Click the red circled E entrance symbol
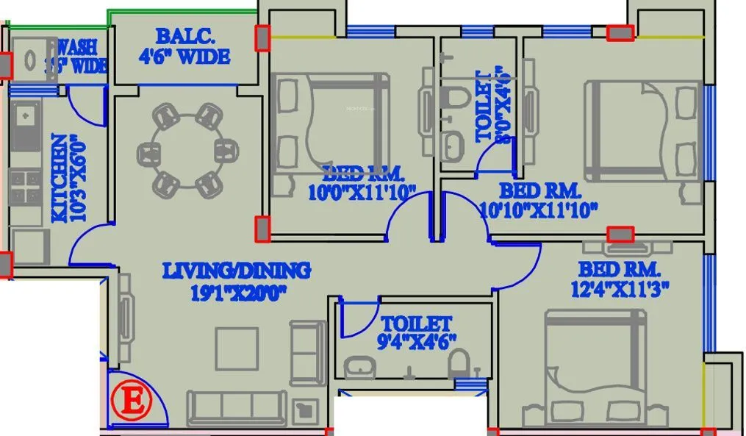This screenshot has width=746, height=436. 132,402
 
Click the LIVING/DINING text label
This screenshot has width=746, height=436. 236,271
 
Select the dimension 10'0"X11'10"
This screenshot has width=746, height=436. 362,193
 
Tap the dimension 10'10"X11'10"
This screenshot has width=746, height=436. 538,209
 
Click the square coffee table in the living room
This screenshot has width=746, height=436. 236,349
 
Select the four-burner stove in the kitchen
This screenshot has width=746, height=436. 25,186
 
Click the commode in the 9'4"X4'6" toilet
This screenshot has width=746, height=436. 458,364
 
